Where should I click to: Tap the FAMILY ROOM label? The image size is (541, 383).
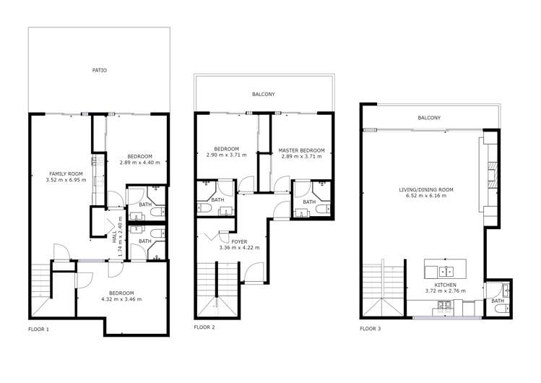coord(66,174)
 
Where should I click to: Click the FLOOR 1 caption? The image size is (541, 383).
coord(38,330)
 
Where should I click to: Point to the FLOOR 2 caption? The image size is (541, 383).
coord(204,327)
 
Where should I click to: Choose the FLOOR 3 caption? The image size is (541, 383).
coord(371,329)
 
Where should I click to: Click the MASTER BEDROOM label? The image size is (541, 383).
coord(302,150)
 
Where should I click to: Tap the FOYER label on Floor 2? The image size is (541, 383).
coord(239,241)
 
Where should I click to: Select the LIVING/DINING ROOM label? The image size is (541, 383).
coord(426,189)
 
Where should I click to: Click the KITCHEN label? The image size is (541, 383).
coord(446,285)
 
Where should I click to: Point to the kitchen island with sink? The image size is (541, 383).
coord(445,269)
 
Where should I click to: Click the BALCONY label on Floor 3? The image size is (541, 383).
coord(429,118)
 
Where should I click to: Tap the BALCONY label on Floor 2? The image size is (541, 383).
coord(263,95)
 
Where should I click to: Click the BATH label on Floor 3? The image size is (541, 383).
coord(497,301)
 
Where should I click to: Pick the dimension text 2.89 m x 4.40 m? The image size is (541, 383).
coord(139,163)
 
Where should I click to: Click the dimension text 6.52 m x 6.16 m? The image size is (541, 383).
coord(426,196)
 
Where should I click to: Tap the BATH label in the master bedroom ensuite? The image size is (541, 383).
coord(309,202)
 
